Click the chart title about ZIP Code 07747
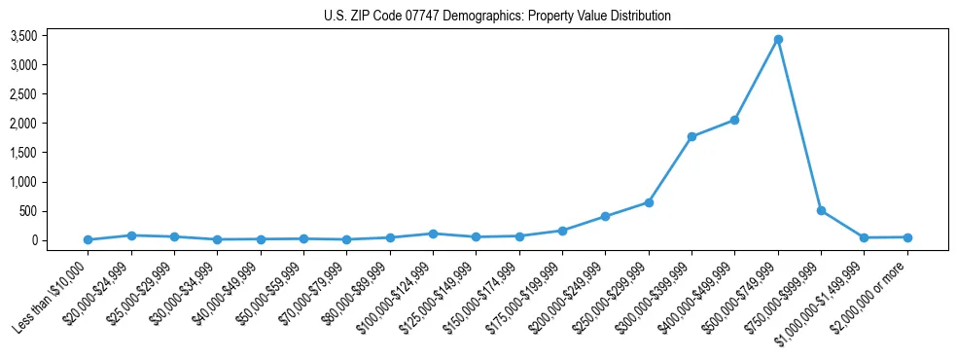pos(497,17)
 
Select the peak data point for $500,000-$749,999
pos(778,40)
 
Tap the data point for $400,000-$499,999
pos(735,120)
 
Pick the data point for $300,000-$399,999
pos(691,136)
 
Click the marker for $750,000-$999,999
pos(821,210)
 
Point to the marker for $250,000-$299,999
pos(649,202)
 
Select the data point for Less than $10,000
pos(88,239)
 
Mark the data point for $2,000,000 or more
pos(907,237)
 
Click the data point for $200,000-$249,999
pos(605,216)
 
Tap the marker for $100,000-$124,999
pos(433,234)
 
